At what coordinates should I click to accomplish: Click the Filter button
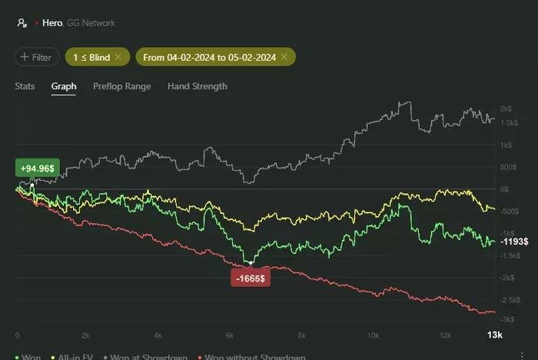(x=37, y=57)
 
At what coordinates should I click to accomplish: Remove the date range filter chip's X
(x=284, y=57)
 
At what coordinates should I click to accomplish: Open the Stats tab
(x=25, y=86)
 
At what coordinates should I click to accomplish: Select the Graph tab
(x=64, y=86)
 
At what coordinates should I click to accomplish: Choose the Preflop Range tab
(x=121, y=86)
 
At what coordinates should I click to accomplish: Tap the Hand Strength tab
(x=197, y=86)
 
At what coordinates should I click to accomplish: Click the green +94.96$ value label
(x=37, y=168)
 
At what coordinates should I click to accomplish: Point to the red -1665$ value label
(x=250, y=277)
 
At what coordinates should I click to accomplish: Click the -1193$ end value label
(x=513, y=242)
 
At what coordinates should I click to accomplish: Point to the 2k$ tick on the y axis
(x=506, y=108)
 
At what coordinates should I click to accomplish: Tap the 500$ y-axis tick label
(x=506, y=167)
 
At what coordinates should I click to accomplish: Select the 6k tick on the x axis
(x=228, y=335)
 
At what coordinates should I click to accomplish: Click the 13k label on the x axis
(x=494, y=335)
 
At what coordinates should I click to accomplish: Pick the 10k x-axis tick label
(x=372, y=335)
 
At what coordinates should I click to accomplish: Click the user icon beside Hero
(x=22, y=23)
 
